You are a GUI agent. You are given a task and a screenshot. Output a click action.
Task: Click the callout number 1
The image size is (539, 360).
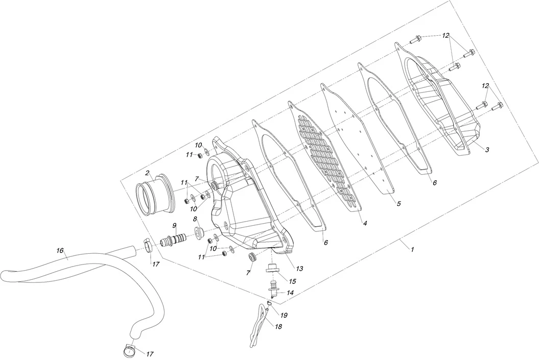click(412, 249)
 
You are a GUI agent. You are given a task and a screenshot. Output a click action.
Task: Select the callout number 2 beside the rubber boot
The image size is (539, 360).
click(147, 173)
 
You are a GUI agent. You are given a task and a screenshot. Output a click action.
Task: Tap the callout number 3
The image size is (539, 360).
click(487, 150)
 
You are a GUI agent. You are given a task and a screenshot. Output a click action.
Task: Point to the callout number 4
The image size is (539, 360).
click(365, 223)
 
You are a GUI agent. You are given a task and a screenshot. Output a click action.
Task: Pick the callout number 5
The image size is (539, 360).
click(399, 203)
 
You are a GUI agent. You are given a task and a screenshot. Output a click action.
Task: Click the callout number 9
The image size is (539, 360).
click(174, 226)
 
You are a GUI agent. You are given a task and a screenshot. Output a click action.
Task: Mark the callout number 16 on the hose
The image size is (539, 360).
click(60, 251)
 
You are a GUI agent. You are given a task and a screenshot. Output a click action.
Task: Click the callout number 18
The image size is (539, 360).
click(279, 326)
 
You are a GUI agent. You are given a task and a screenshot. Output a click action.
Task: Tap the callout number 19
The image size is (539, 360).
click(284, 315)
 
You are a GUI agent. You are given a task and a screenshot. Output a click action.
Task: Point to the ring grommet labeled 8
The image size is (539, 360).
click(198, 234)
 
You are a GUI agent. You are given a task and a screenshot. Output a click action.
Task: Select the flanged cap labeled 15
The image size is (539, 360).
click(272, 269)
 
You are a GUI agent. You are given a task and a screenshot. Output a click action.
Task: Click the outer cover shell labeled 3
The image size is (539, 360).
click(442, 107)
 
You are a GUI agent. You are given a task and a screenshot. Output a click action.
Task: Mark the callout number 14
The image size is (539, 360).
click(290, 293)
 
